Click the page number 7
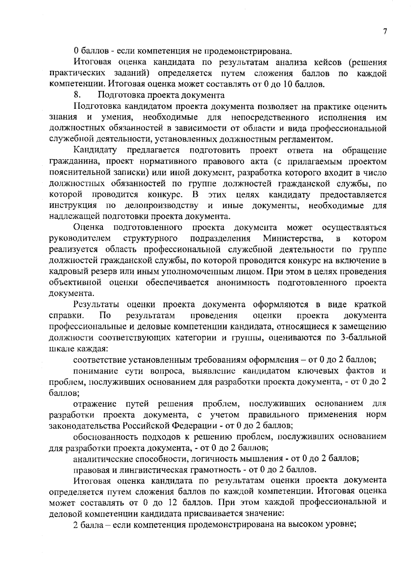pyautogui.click(x=385, y=32)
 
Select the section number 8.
pyautogui.click(x=77, y=95)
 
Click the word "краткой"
pyautogui.click(x=370, y=305)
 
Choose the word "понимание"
pyautogui.click(x=99, y=371)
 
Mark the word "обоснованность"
pyautogui.click(x=105, y=436)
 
